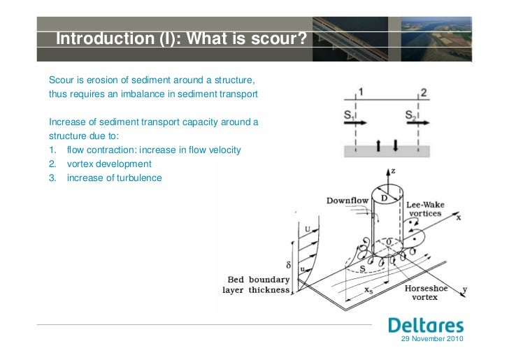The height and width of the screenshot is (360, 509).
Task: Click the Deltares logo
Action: click(x=425, y=326)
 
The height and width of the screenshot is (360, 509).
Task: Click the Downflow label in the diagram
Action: click(x=347, y=201)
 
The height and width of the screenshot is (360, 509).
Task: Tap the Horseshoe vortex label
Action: click(x=426, y=293)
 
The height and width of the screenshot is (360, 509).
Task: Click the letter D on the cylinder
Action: click(x=384, y=199)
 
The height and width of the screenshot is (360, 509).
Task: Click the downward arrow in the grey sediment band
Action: click(x=395, y=146)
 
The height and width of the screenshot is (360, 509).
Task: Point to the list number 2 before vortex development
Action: click(x=52, y=164)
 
